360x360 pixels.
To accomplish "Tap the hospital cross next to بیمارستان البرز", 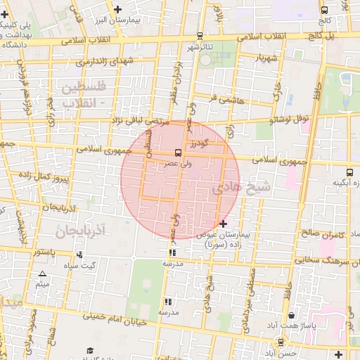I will [x=117, y=10].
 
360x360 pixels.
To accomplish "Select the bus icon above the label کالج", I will [x=324, y=11].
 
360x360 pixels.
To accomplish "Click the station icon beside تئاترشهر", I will [x=200, y=36].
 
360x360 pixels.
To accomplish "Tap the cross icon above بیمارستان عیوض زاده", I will [x=224, y=224].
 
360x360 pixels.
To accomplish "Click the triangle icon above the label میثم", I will [x=42, y=274].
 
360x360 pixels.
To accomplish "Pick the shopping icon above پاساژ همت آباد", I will [x=291, y=316].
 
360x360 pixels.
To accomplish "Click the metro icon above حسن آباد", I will [x=281, y=342].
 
